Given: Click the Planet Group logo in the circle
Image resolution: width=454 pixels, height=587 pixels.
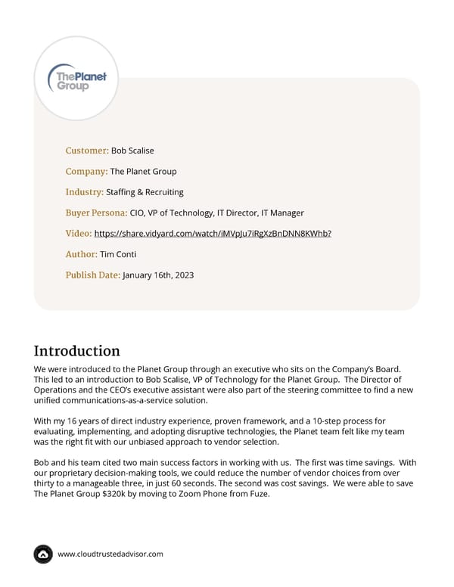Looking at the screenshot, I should (77, 78).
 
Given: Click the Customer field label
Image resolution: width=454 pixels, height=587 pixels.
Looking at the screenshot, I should (87, 151).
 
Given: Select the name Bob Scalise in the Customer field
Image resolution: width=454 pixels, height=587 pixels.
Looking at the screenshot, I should (132, 151).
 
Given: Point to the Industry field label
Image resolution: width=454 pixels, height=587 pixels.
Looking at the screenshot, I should (85, 192).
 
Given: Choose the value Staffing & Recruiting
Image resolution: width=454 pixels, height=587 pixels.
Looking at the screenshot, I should (145, 192).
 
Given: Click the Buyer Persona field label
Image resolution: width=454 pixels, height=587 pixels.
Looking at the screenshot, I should (96, 213).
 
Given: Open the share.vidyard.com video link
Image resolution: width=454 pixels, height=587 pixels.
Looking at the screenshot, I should (213, 233).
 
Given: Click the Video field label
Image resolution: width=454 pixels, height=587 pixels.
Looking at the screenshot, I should (79, 233).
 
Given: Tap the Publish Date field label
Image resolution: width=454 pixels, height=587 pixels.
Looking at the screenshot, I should (93, 275).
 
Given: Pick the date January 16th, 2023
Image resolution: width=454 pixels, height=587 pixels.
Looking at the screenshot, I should (158, 275).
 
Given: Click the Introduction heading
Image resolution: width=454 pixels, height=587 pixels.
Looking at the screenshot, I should (77, 351).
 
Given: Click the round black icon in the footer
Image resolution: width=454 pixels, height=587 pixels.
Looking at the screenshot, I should (43, 554).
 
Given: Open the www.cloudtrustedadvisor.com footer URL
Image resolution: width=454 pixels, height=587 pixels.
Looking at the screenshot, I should (110, 554).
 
